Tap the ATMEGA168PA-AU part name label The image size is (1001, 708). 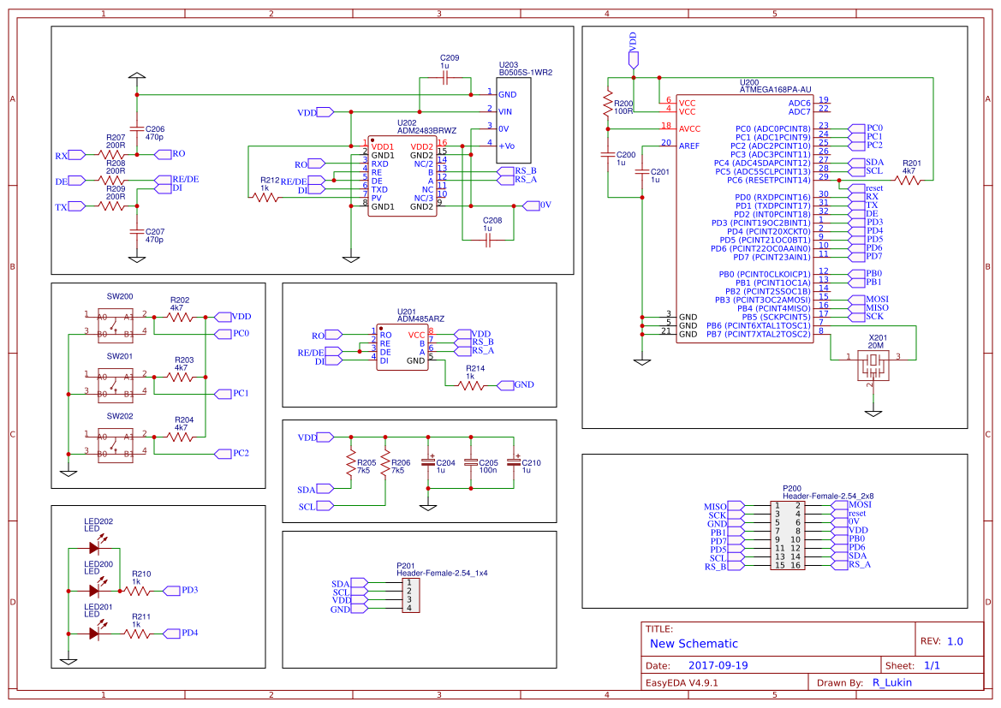[x=774, y=88]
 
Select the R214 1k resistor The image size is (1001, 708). [x=472, y=385]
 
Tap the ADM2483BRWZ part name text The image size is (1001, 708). [x=427, y=131]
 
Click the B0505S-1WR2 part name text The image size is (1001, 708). [x=526, y=73]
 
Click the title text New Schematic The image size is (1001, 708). [x=694, y=644]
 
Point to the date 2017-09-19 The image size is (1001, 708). [x=718, y=665]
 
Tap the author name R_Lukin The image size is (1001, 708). [x=891, y=682]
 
